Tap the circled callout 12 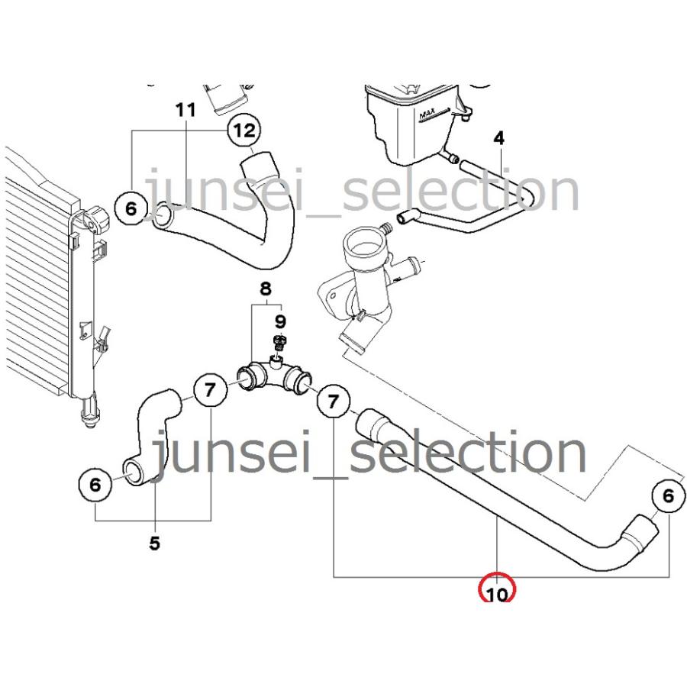(x=244, y=130)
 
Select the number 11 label (x=185, y=110)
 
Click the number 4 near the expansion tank (x=499, y=138)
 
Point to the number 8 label (x=266, y=289)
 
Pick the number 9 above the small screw (x=280, y=322)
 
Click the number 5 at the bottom (x=155, y=543)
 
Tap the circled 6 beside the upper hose (x=131, y=208)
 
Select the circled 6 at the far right (x=668, y=496)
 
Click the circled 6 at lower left (x=95, y=485)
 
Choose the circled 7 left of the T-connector (x=211, y=389)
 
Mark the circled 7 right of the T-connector (x=334, y=401)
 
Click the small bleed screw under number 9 (x=279, y=342)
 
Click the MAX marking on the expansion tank (x=434, y=114)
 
